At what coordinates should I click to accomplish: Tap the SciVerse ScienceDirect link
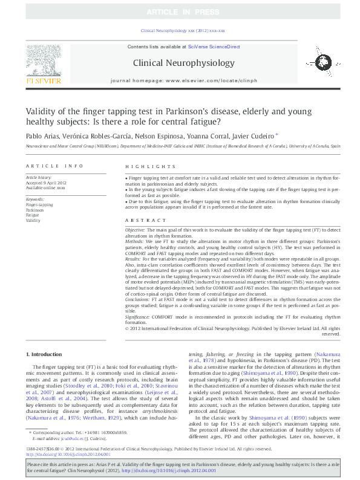tap(214, 47)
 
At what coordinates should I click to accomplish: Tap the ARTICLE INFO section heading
tap(54, 166)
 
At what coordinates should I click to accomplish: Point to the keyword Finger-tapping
tap(39, 205)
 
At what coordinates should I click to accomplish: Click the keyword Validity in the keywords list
tap(33, 221)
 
